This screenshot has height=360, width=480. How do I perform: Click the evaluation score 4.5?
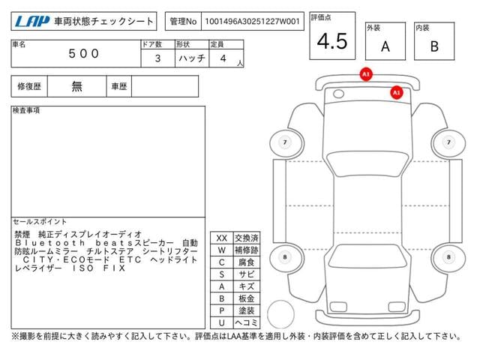[x=332, y=41]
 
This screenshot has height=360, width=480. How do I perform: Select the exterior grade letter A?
[x=385, y=46]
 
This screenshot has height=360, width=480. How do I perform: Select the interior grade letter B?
[x=434, y=46]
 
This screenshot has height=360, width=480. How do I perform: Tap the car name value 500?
[x=83, y=54]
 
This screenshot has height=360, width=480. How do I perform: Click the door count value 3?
[x=157, y=58]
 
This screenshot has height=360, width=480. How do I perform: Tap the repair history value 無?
[x=77, y=86]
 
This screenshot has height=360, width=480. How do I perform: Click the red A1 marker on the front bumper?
[x=366, y=75]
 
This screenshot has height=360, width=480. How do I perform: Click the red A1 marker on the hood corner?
[x=397, y=92]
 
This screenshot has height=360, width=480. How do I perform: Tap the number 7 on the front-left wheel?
[x=285, y=142]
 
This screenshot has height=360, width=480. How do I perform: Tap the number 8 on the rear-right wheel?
[x=448, y=257]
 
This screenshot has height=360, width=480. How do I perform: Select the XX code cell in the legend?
[x=221, y=238]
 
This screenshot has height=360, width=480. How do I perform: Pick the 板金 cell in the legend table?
[x=245, y=298]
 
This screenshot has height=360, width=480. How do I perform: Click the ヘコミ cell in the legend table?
[x=245, y=322]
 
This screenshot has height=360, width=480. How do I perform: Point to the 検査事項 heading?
[x=26, y=111]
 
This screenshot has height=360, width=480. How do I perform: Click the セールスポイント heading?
[x=40, y=222]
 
